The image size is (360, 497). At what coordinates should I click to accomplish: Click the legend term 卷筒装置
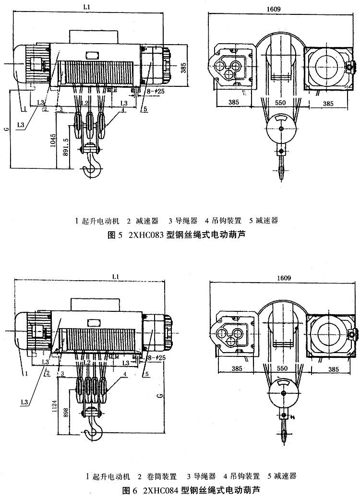tap(160, 477)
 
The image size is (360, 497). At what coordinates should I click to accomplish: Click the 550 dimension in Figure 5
tap(282, 103)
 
